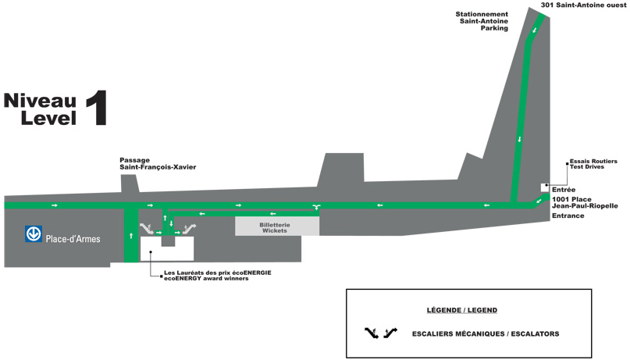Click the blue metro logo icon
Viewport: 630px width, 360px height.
[34, 233]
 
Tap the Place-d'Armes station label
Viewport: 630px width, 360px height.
[73, 239]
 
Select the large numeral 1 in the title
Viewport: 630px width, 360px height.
[97, 108]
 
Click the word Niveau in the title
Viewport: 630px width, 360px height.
[40, 101]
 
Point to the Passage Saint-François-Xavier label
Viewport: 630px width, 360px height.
[158, 163]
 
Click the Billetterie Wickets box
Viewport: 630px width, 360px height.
[277, 226]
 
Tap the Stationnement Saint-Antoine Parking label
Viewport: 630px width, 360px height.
[482, 21]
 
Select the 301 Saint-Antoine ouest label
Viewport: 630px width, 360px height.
[583, 5]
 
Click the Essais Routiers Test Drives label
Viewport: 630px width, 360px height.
[593, 164]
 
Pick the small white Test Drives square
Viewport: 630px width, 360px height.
[545, 187]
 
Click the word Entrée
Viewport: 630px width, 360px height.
[564, 190]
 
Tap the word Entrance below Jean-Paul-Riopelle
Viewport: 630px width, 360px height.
[568, 216]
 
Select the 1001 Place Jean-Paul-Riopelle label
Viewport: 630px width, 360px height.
[585, 202]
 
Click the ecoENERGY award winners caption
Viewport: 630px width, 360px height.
[206, 279]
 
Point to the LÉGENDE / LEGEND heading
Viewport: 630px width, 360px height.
[462, 310]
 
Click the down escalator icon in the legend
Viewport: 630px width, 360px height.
[372, 333]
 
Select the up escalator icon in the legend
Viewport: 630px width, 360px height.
[390, 333]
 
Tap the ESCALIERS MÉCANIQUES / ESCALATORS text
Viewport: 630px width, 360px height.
[486, 334]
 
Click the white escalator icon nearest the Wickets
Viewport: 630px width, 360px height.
[189, 229]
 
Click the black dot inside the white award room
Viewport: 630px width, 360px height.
[151, 252]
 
